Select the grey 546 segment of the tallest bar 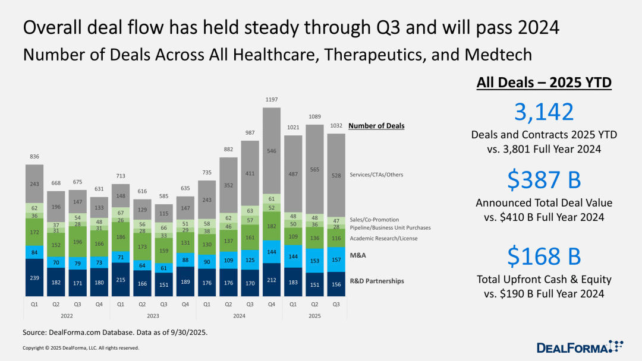click(x=272, y=151)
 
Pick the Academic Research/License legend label click(x=383, y=238)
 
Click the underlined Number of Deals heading click(x=376, y=126)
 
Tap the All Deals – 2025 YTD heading click(x=544, y=83)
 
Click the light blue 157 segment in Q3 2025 click(x=337, y=259)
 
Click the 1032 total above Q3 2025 click(x=337, y=126)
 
